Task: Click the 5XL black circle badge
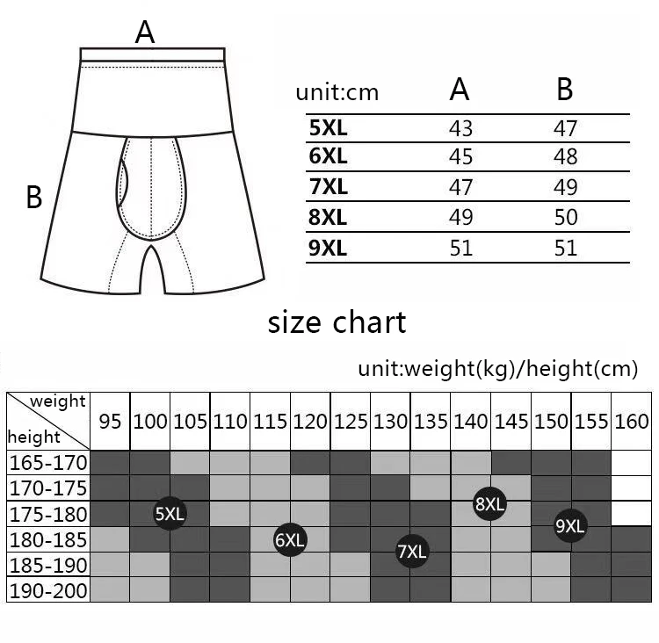coord(170,514)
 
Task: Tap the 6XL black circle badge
coord(289,539)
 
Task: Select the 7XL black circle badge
coord(411,551)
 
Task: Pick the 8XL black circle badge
coord(489,503)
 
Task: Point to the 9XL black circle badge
coord(570,526)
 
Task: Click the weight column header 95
coord(110,422)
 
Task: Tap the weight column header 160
coord(631,422)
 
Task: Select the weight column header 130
coord(390,422)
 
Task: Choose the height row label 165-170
coord(48,462)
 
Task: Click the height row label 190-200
coord(48,590)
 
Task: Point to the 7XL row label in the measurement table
coord(328,187)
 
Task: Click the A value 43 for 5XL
coord(460,128)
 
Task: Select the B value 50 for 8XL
coord(566,218)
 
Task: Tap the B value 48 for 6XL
coord(566,158)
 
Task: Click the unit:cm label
coord(337,92)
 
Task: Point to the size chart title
coord(337,322)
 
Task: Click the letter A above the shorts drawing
coord(145,33)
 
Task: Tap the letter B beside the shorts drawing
coord(34,197)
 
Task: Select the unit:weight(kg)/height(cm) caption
coord(497,369)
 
